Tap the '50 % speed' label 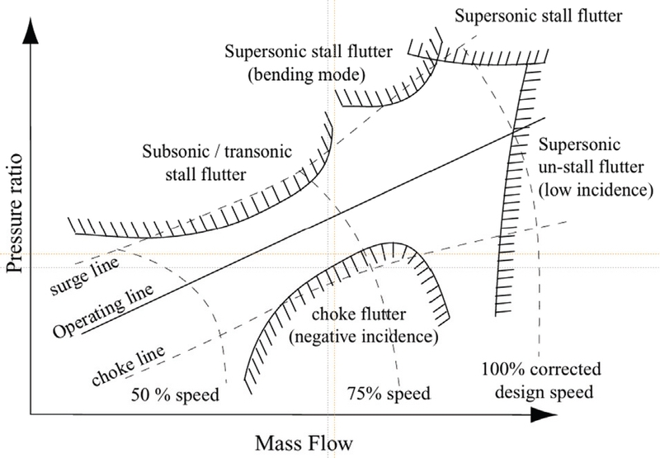click(177, 394)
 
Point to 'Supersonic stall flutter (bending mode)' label click(295, 64)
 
